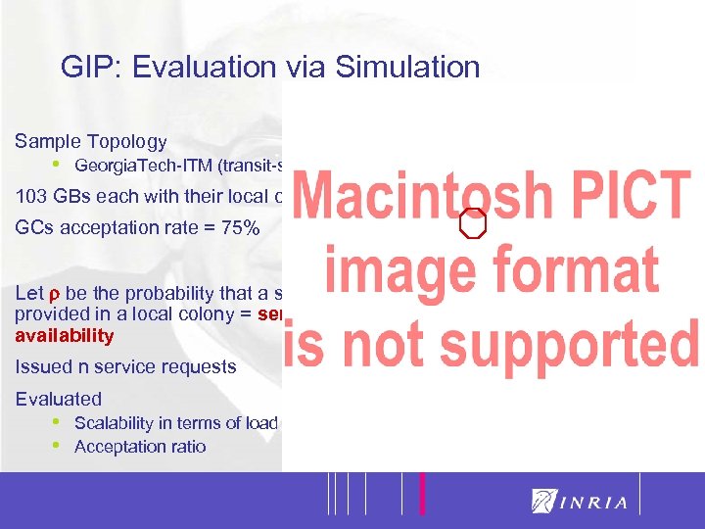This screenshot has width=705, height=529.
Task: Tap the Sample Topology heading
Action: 91,141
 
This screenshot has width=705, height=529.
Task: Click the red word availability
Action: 65,336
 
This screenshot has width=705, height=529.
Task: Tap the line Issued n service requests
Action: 126,366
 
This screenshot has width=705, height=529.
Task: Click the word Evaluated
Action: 59,399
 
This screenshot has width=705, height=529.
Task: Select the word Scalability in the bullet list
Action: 115,423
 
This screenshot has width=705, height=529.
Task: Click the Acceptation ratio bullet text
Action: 140,447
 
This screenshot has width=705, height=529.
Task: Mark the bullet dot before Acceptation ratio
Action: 57,446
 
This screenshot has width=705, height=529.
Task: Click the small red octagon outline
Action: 474,223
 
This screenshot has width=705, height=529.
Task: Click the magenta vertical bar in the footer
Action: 422,494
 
